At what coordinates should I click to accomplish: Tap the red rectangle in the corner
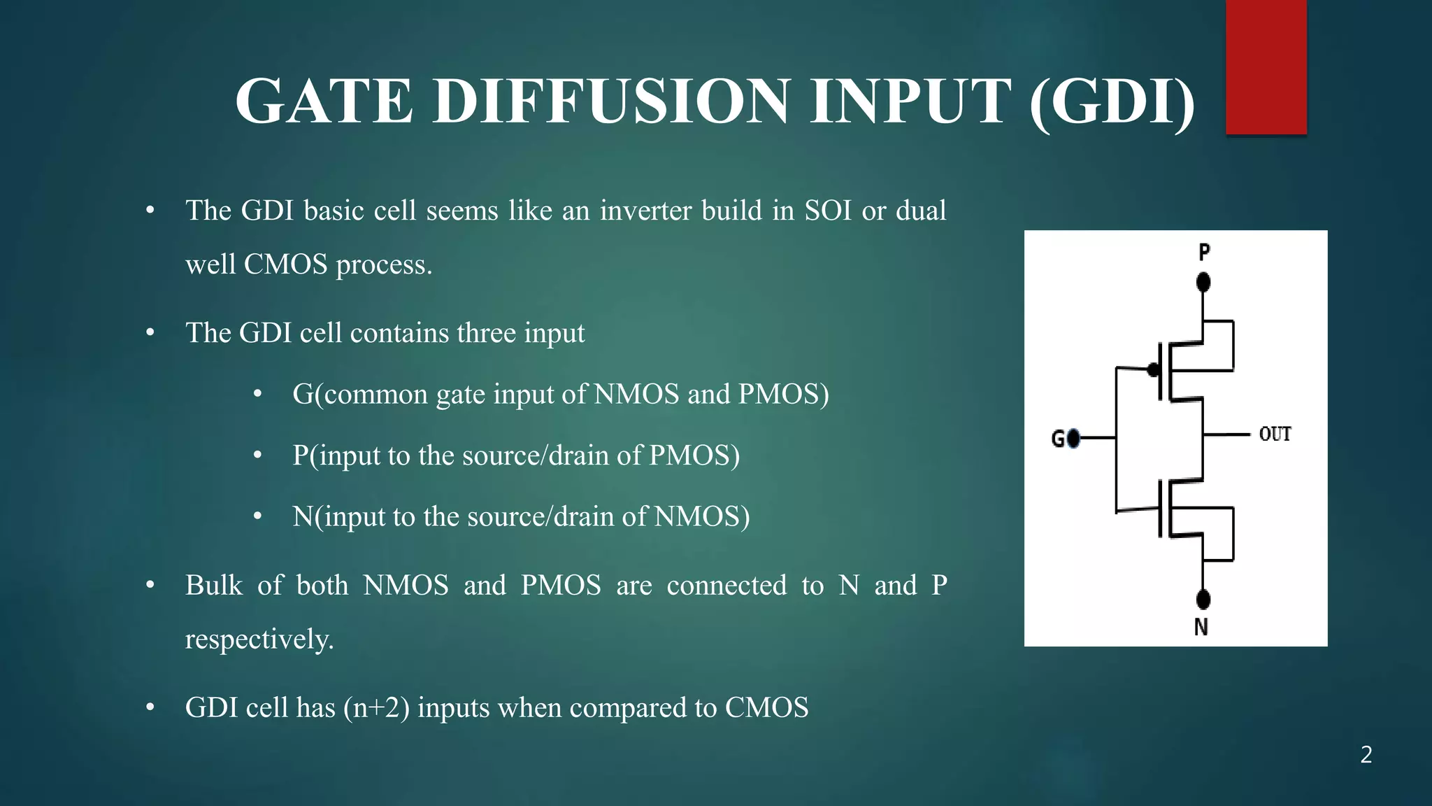click(x=1266, y=67)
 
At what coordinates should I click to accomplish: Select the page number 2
click(x=1366, y=754)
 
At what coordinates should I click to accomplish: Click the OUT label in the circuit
click(x=1275, y=434)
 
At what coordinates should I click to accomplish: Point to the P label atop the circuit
click(x=1203, y=252)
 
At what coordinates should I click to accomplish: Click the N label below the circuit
click(x=1201, y=627)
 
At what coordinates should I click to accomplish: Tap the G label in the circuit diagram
click(x=1058, y=439)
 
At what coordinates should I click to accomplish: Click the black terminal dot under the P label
click(x=1203, y=283)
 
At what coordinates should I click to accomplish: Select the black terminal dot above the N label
click(x=1203, y=599)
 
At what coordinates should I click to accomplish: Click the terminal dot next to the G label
click(x=1073, y=439)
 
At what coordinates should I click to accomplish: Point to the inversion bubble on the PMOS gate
click(x=1153, y=370)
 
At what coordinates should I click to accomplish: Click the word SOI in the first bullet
click(x=828, y=211)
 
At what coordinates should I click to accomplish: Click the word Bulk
click(x=213, y=585)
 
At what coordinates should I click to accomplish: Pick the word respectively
click(x=259, y=639)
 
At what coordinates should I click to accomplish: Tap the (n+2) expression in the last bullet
click(x=376, y=707)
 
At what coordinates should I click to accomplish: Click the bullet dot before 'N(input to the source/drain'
click(x=257, y=517)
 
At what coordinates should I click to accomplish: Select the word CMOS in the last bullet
click(x=766, y=707)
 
